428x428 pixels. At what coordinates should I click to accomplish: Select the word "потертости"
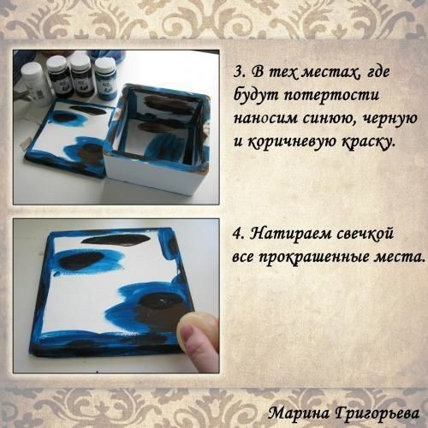pos(331,96)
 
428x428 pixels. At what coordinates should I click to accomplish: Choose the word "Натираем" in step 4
pos(292,234)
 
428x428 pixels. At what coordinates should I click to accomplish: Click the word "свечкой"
pos(366,235)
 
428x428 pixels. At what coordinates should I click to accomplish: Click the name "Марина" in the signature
pos(299,413)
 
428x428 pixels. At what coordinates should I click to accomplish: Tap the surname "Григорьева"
pos(377,413)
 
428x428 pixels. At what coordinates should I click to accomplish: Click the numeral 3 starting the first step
pos(238,72)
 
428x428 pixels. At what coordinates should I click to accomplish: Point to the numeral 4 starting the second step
pos(237,235)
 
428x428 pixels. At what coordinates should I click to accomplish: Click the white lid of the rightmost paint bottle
pos(105,62)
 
